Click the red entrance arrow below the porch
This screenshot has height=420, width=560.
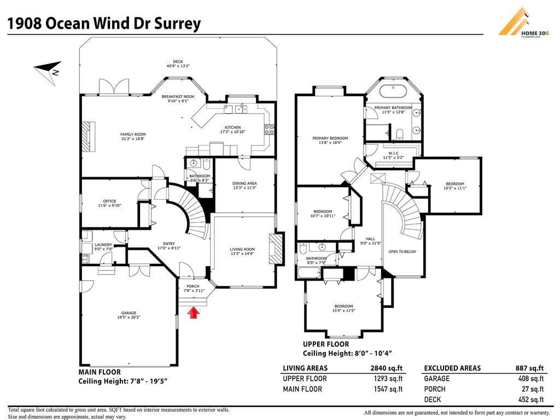tap(193, 312)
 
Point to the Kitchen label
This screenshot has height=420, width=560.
tap(232, 127)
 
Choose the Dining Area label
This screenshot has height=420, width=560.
tap(244, 183)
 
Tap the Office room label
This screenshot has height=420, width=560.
tap(109, 201)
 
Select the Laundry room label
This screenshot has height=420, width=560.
tap(103, 245)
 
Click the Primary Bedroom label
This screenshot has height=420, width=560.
tap(330, 138)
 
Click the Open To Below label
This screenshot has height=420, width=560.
tap(402, 252)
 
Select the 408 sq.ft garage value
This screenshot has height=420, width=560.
tap(530, 378)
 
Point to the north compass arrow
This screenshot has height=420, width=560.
tap(48, 71)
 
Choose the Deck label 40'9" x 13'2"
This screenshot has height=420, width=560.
tap(178, 64)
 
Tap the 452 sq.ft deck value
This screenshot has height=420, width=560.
tap(530, 400)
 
